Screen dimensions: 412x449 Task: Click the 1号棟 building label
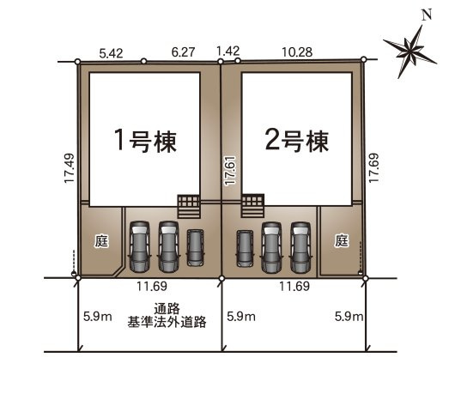146,141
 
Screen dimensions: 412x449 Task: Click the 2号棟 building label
298,141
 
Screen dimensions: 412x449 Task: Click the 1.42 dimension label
228,51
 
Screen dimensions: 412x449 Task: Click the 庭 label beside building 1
100,241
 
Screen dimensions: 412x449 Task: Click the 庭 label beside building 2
342,241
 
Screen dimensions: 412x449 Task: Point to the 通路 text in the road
167,310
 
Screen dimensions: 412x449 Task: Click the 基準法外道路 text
167,323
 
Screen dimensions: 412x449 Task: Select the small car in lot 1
196,247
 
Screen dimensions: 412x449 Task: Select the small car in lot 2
246,247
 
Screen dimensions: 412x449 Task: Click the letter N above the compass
426,14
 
